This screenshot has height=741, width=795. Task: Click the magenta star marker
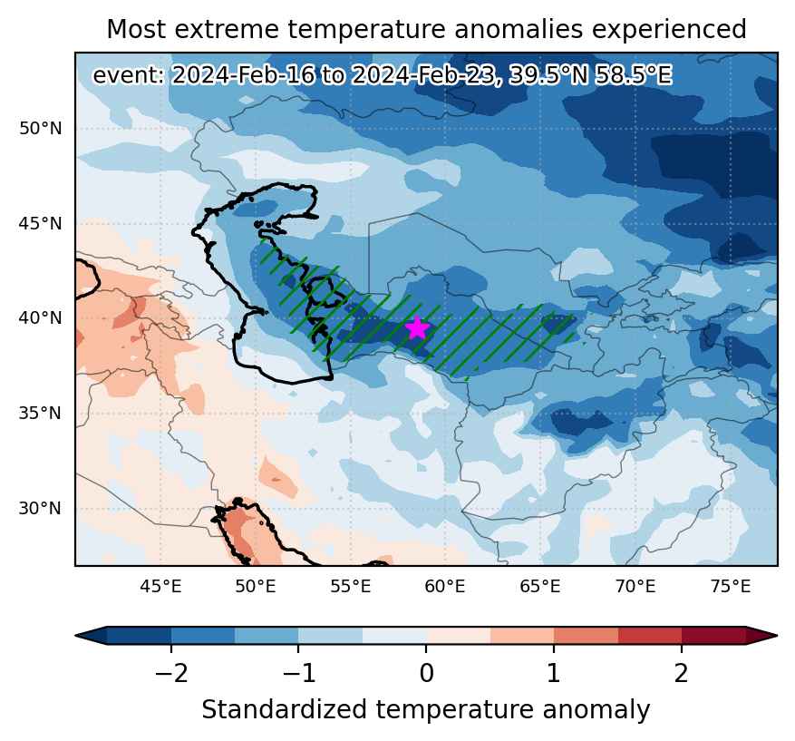[x=417, y=327]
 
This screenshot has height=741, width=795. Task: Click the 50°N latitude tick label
[x=41, y=128]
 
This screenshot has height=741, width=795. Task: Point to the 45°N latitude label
[x=41, y=223]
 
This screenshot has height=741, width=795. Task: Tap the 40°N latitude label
[x=41, y=318]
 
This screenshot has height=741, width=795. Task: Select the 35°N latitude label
[x=41, y=413]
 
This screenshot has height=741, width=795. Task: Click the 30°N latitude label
[x=41, y=508]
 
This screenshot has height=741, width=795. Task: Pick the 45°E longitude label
[x=160, y=586]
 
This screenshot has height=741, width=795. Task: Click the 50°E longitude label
[x=256, y=586]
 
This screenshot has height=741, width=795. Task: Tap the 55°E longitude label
[x=350, y=586]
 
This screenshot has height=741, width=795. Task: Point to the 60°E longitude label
[x=445, y=586]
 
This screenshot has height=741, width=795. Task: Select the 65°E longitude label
[x=540, y=586]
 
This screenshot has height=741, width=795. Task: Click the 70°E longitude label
[x=635, y=586]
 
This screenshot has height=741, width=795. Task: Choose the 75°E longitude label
[x=730, y=586]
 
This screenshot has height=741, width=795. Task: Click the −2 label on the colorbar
[x=171, y=674]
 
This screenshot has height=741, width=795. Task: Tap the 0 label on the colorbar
[x=426, y=674]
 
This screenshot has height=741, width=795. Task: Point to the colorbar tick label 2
[x=682, y=674]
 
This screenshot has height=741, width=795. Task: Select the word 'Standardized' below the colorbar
[x=284, y=709]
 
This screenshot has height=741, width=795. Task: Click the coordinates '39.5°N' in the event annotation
[x=548, y=75]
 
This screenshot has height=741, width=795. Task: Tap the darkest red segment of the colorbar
[x=714, y=635]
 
